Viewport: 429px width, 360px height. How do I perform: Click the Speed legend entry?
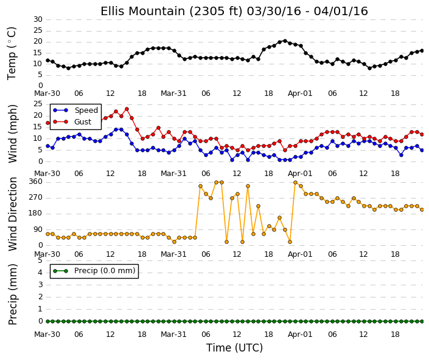click(x=86, y=110)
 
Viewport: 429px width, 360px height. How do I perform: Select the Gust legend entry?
click(x=83, y=122)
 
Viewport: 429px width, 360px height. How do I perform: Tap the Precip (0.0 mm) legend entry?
click(x=105, y=271)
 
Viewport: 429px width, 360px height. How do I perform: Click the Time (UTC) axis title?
click(x=234, y=348)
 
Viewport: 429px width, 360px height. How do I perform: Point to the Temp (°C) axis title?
click(x=12, y=53)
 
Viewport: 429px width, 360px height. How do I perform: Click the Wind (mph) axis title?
click(x=13, y=134)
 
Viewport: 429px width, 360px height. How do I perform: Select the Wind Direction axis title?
click(x=13, y=214)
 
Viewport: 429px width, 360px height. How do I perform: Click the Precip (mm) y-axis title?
click(x=13, y=294)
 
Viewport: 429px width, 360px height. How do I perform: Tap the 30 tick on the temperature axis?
click(x=38, y=19)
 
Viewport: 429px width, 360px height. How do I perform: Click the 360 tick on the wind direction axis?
click(x=35, y=182)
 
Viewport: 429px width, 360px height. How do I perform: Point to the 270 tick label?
click(x=35, y=197)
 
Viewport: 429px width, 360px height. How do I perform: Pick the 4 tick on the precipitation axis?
click(x=40, y=273)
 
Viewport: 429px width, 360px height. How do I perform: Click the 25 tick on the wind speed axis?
click(x=38, y=104)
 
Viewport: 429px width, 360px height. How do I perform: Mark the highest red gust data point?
click(x=127, y=109)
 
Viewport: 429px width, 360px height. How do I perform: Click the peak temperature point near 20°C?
click(x=285, y=41)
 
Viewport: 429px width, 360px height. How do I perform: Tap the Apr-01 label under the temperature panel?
click(x=300, y=93)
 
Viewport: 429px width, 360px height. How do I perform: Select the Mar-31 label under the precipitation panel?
click(x=173, y=335)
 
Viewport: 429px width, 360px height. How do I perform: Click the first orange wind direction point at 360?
click(x=217, y=182)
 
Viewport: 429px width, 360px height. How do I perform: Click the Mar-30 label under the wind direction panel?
click(x=47, y=254)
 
